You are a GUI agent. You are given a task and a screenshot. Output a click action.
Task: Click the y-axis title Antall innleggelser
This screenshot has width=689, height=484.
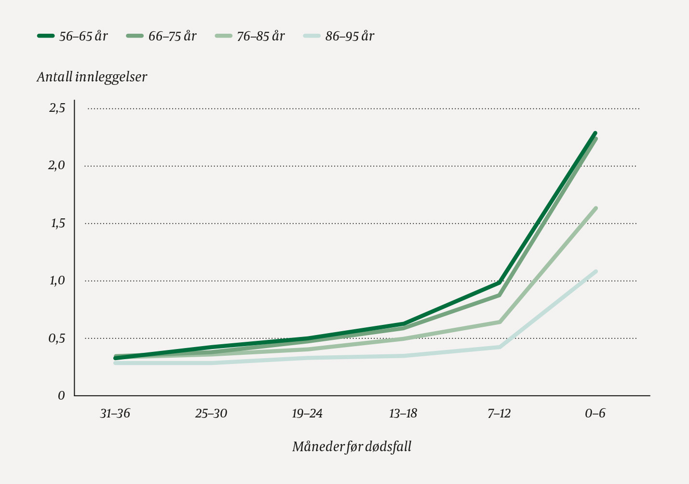[92, 77]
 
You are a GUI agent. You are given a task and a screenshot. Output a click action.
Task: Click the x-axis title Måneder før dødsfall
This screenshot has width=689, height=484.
[351, 447]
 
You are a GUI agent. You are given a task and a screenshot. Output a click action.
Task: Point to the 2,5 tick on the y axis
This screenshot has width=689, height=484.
[57, 108]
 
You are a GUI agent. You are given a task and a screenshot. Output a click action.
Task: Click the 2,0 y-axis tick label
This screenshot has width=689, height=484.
[57, 166]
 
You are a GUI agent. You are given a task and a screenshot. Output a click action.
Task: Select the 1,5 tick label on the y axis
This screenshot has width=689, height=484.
[57, 223]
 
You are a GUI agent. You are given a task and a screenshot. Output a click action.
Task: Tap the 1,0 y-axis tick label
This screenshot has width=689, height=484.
[57, 281]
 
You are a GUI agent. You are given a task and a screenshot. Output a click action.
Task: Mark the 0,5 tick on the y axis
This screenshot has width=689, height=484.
[57, 338]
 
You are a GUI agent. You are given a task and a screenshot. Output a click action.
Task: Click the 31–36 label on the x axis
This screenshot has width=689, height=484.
[115, 414]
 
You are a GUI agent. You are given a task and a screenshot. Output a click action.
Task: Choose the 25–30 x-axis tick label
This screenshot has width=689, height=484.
[211, 414]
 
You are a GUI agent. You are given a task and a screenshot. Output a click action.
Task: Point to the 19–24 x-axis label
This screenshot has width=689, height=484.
[307, 414]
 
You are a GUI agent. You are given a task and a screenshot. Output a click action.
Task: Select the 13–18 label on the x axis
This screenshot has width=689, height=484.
[403, 414]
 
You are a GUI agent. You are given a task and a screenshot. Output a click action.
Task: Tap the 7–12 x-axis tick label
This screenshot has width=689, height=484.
[499, 414]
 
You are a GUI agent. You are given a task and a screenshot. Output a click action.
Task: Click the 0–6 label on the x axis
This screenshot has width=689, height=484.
[595, 414]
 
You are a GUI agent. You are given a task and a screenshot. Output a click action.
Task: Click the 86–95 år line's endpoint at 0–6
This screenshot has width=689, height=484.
[595, 271]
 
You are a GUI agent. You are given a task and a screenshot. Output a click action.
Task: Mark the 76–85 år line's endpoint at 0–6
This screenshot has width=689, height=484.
[595, 208]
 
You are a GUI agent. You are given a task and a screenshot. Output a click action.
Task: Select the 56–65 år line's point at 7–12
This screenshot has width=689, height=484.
[500, 282]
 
